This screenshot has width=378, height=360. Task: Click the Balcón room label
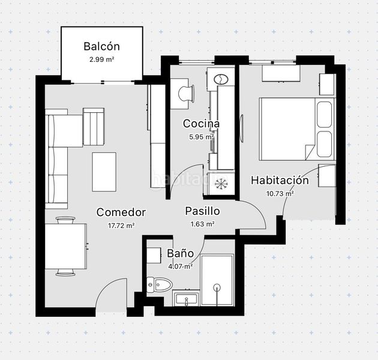101,46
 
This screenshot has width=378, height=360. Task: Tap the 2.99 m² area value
101,59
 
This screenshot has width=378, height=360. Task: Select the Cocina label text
201,124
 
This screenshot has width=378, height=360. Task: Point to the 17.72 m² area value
121,226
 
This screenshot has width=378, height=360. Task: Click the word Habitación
280,181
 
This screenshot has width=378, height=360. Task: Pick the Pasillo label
202,211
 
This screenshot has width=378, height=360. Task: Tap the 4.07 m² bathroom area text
181,266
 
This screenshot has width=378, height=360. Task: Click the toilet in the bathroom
160,284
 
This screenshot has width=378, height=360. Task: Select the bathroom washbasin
187,299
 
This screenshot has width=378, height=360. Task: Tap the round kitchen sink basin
221,79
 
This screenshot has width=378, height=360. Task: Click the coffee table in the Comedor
104,172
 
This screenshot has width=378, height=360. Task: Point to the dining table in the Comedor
66,246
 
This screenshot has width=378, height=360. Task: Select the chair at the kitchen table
186,94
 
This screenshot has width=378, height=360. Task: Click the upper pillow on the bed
325,114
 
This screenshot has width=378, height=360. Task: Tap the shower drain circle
217,287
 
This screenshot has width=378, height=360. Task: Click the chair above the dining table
65,220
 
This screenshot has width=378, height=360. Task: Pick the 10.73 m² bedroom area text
280,193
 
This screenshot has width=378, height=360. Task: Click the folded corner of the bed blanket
309,152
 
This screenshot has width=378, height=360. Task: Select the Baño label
181,253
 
